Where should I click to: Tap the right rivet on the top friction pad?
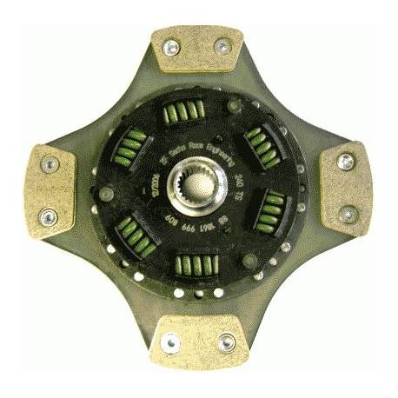[222, 45]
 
